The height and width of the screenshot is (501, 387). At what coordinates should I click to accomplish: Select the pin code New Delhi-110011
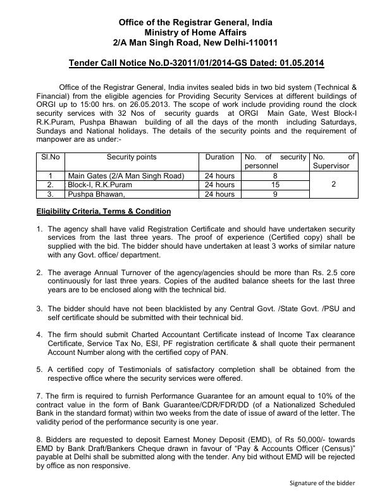(x=241, y=42)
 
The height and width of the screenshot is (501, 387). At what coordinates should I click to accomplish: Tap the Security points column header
(x=131, y=157)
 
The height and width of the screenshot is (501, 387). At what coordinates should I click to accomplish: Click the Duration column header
(x=220, y=157)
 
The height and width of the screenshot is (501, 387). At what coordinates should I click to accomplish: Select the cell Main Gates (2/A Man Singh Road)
(x=126, y=175)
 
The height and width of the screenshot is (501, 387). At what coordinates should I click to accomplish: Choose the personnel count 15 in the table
(x=274, y=185)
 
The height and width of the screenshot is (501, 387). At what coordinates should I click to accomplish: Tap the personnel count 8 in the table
(x=274, y=175)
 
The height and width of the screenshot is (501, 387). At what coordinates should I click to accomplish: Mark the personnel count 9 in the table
(x=274, y=194)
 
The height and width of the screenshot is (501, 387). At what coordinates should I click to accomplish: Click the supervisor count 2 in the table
(x=333, y=185)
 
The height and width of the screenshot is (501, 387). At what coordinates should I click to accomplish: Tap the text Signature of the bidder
(x=322, y=483)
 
